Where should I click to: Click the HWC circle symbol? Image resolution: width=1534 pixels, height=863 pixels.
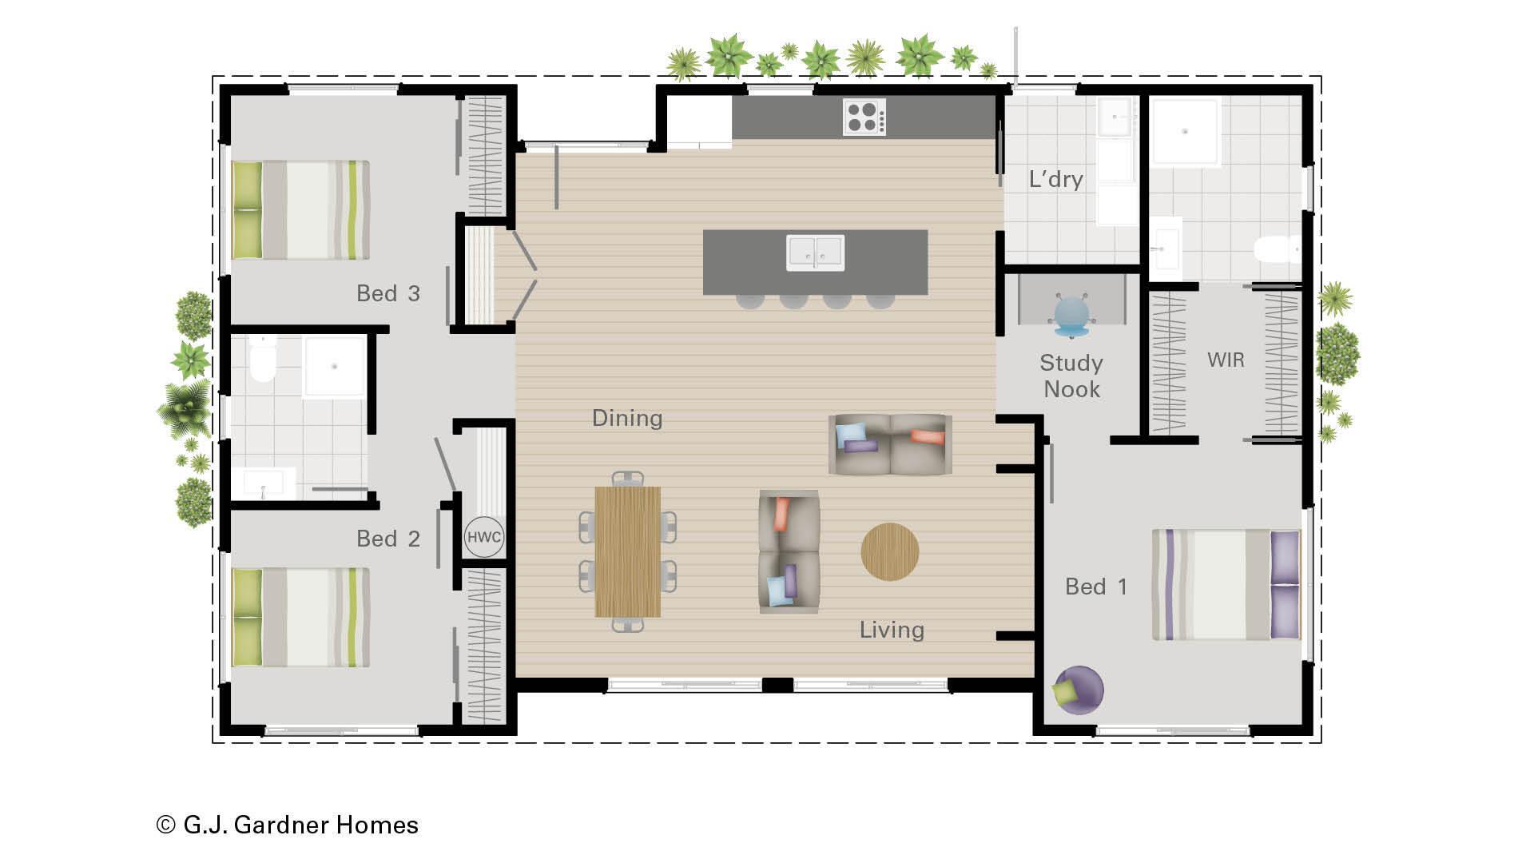483,537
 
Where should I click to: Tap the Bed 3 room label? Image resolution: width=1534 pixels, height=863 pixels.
388,293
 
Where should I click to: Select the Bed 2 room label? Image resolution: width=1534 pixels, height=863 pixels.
388,539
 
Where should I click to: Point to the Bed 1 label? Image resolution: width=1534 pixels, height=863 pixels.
1096,587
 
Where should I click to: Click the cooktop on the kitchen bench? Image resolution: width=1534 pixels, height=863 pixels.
864,117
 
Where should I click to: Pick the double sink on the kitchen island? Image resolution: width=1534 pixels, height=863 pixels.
815,253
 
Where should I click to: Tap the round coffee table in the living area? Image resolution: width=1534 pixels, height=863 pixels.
889,551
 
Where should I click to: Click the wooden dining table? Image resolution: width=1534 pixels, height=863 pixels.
628,551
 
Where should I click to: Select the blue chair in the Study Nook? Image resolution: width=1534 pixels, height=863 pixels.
1071,314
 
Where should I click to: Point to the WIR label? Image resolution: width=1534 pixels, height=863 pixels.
1226,360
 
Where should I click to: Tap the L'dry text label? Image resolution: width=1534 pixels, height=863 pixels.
1055,179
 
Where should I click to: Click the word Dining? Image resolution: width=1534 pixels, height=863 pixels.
627,418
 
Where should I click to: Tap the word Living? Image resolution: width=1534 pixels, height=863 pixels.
892,630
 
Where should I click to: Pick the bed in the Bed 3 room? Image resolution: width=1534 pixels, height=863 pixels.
300,210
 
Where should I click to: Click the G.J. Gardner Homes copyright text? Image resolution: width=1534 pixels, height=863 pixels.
288,825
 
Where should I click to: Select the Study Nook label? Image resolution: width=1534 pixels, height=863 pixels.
1071,376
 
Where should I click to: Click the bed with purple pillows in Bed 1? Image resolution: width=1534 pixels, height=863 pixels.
1226,585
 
